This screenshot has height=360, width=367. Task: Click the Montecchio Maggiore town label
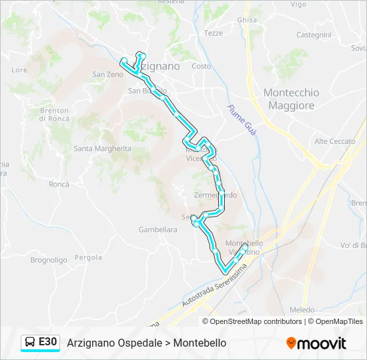click(291, 99)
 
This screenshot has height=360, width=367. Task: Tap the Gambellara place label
click(157, 229)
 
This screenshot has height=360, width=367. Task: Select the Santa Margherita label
click(102, 149)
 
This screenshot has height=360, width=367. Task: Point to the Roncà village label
click(59, 184)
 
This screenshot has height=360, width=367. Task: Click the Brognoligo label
click(49, 260)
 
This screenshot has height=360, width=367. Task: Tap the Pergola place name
click(88, 257)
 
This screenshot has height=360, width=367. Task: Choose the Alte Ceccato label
click(335, 141)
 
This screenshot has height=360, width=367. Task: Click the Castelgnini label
click(314, 35)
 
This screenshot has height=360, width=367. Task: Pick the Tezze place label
click(214, 33)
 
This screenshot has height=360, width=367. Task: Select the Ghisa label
click(246, 20)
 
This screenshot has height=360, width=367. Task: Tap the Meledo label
click(302, 310)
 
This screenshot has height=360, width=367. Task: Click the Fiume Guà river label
click(242, 121)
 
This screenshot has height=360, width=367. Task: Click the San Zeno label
click(108, 75)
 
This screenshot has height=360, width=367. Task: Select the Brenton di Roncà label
click(55, 115)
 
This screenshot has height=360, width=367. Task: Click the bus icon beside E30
click(30, 343)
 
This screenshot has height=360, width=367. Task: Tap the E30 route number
click(47, 342)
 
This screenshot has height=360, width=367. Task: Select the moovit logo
click(316, 343)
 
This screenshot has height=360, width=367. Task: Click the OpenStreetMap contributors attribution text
click(256, 321)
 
